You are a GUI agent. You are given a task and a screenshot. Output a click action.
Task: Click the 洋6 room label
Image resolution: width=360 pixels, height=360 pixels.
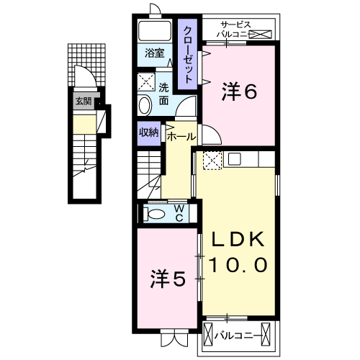coord(240,92)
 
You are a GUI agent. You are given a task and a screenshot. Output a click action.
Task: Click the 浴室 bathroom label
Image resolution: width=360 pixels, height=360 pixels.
coord(154,53)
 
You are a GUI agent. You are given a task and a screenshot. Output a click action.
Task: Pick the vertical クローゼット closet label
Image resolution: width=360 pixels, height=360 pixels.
coord(188,54)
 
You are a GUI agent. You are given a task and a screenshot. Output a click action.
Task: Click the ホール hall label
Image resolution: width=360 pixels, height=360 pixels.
coord(181,135)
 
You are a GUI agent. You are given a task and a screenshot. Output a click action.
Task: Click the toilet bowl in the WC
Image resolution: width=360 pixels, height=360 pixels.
coord(154,213)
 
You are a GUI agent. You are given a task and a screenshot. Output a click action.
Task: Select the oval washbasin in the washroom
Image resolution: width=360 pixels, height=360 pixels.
coord(144,105)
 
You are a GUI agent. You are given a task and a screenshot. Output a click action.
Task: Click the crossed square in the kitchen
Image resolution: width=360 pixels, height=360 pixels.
coord(212,160)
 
